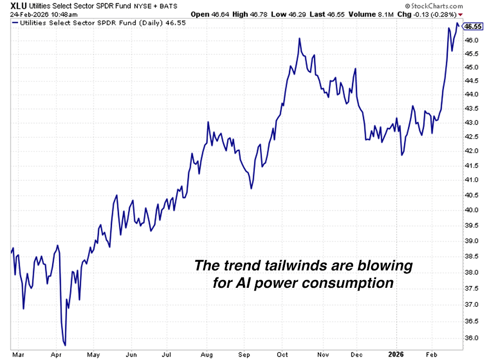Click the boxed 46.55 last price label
click(x=474, y=26)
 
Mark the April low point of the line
click(x=65, y=345)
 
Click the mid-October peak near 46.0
click(x=300, y=39)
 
